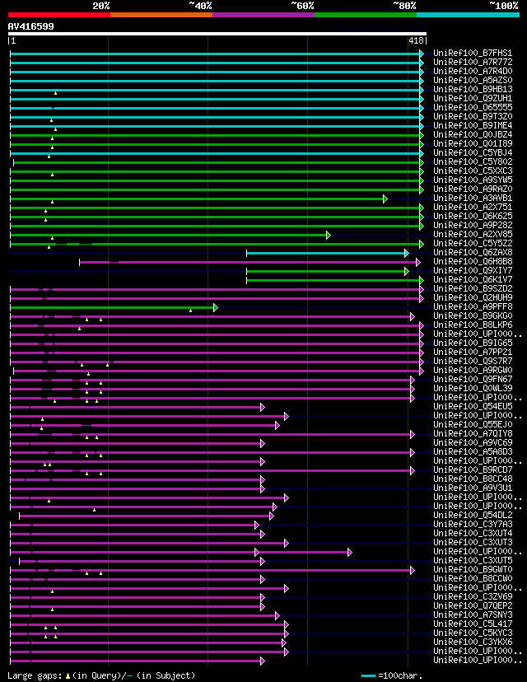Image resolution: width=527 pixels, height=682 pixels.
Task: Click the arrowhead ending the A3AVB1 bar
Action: click(385, 199)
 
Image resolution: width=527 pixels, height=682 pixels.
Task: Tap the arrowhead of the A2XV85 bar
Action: click(328, 235)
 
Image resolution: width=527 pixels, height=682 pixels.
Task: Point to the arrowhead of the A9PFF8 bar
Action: click(215, 307)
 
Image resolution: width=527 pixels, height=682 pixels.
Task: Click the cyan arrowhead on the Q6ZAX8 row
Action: click(407, 253)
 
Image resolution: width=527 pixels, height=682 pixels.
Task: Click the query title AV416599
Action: click(31, 26)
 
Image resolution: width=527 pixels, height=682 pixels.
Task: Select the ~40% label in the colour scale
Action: click(200, 6)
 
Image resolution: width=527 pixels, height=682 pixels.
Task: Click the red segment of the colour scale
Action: click(58, 15)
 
